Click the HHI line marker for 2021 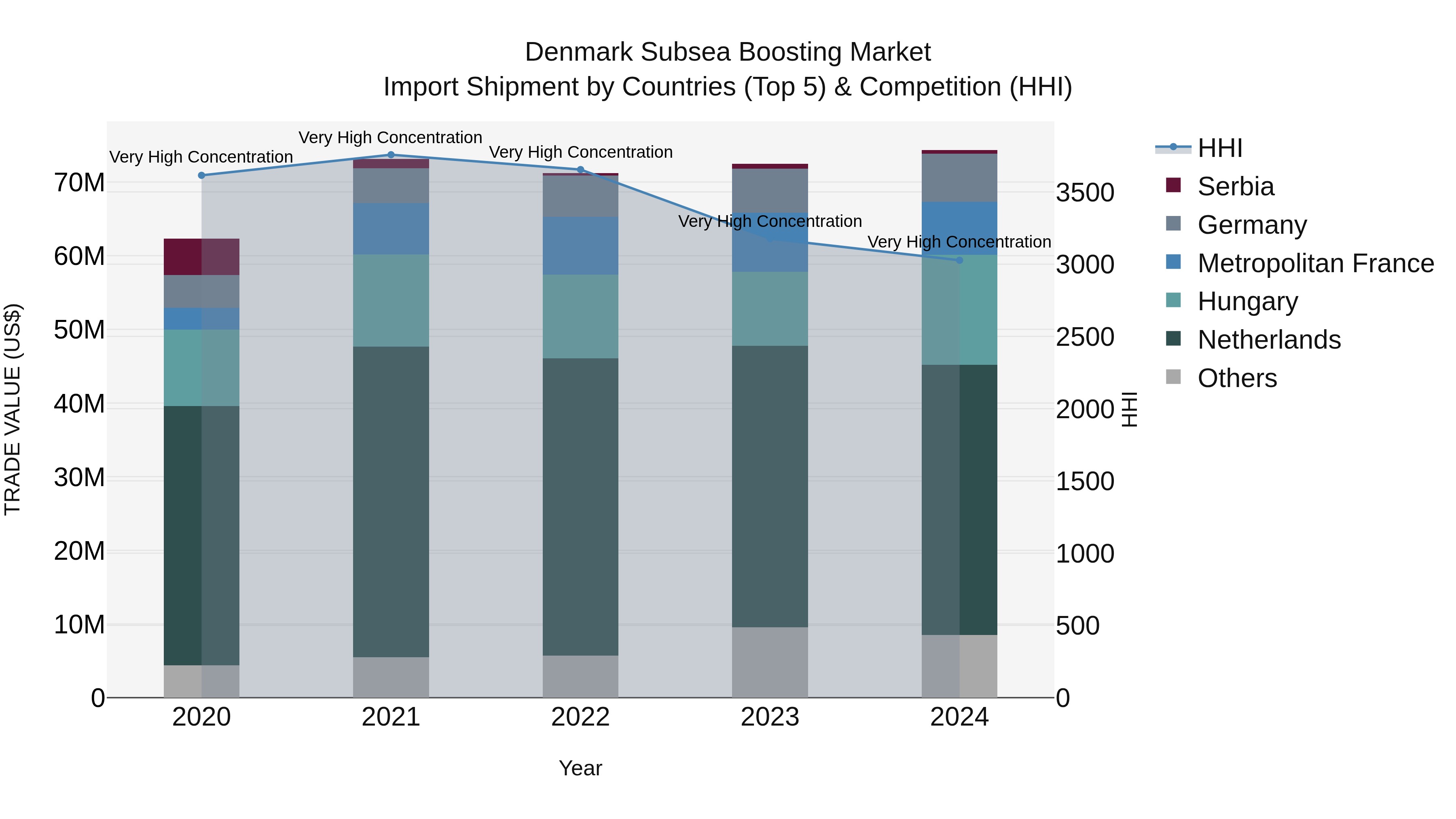(391, 155)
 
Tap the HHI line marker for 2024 (959, 260)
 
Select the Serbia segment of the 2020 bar (201, 256)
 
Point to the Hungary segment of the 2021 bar (391, 300)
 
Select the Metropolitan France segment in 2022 (580, 246)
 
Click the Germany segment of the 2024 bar (959, 178)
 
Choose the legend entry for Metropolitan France (1315, 263)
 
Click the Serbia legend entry (1235, 186)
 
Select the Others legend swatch (1173, 377)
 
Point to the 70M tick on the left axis (80, 183)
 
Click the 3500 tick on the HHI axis (1085, 193)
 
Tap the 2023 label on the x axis (769, 717)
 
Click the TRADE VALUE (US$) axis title (13, 409)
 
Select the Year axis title (580, 768)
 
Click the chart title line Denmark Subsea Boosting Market (728, 52)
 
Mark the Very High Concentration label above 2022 (580, 152)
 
